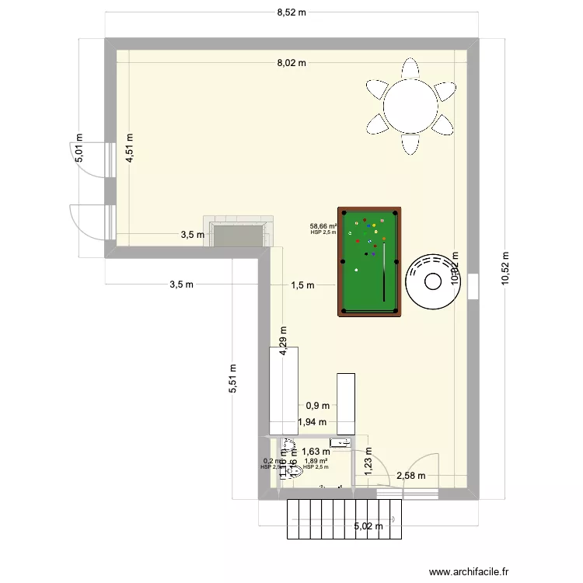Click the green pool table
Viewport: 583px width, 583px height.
(369, 261)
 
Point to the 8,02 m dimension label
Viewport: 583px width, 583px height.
(291, 64)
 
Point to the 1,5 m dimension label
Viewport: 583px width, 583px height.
(302, 285)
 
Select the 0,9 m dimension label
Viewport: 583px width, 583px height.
(317, 405)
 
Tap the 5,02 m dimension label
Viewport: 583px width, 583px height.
(369, 526)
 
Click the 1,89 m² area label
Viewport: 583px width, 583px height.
(316, 460)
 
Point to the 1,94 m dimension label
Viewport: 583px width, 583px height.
(312, 423)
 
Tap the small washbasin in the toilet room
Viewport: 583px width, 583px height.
(340, 443)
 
